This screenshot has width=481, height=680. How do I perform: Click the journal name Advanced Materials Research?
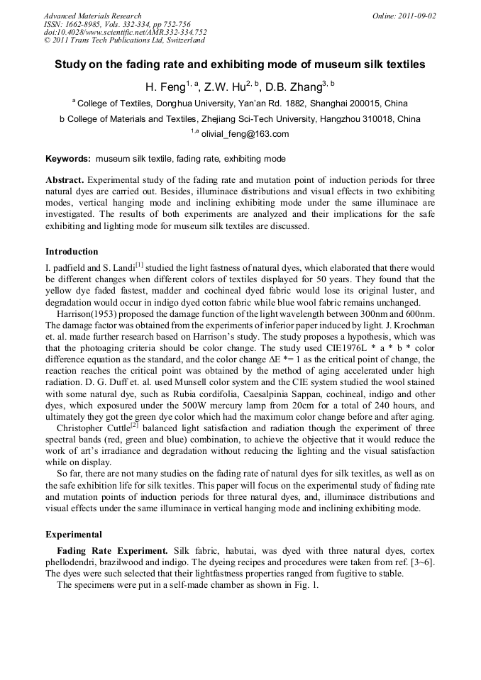click(92, 16)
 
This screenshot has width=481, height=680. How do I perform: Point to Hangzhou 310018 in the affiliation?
click(343, 119)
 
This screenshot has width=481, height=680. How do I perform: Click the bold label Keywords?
click(68, 159)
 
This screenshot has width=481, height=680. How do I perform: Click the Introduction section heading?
click(72, 252)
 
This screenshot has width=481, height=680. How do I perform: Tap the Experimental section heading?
click(74, 535)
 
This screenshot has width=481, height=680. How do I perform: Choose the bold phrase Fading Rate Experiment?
click(112, 551)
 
